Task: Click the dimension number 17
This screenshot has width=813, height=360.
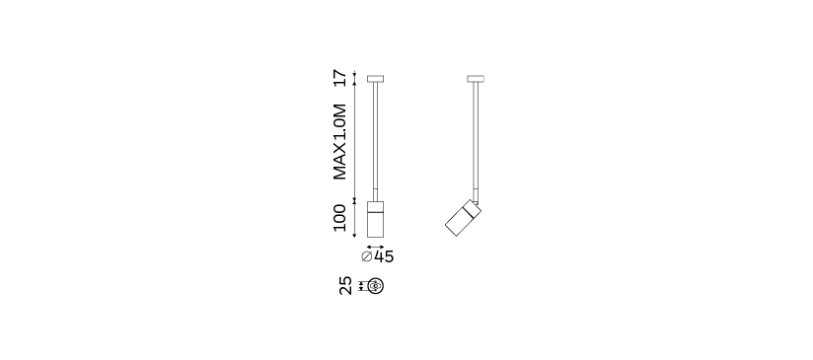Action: tap(339, 78)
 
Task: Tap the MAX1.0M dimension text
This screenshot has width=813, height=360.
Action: tap(339, 142)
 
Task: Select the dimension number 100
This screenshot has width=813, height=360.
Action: tap(339, 218)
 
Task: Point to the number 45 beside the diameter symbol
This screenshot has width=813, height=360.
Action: tap(384, 256)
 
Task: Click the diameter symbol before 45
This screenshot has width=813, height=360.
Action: tap(367, 256)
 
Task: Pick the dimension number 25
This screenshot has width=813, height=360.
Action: tap(345, 285)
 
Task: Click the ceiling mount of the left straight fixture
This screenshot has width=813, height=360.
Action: tap(375, 79)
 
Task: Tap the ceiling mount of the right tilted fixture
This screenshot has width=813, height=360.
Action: tap(476, 79)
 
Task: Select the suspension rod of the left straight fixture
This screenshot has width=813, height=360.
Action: tap(375, 141)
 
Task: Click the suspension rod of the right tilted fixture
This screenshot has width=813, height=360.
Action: tap(476, 141)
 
